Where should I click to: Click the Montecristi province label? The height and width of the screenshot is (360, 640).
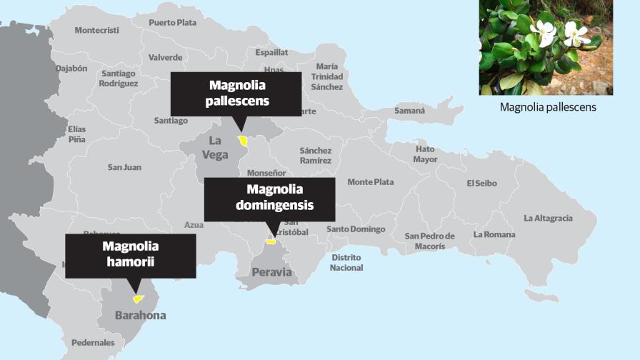[96, 30]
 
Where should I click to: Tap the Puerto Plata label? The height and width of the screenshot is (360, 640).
[172, 22]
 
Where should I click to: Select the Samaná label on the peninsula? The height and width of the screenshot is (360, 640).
[409, 111]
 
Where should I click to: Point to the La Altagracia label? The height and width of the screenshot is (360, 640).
[548, 218]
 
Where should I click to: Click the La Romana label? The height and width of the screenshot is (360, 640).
[494, 234]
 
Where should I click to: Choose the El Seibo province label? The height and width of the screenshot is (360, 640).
[481, 183]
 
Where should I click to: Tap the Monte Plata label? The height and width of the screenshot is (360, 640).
[370, 182]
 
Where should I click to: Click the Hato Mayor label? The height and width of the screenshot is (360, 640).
[425, 154]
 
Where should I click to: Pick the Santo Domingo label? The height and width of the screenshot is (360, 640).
[356, 229]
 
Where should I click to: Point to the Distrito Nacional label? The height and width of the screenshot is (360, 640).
[346, 262]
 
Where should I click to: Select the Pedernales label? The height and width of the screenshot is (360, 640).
[93, 342]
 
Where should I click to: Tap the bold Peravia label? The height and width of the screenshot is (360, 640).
[271, 271]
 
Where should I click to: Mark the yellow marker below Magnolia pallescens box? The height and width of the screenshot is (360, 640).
[244, 140]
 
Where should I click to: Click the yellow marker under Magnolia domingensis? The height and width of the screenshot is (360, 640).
[270, 241]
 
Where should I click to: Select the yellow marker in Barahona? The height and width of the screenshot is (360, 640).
[138, 299]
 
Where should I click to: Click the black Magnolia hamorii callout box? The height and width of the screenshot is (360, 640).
[130, 255]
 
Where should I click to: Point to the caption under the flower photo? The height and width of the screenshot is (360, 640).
[548, 107]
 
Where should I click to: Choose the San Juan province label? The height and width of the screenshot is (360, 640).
[124, 167]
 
